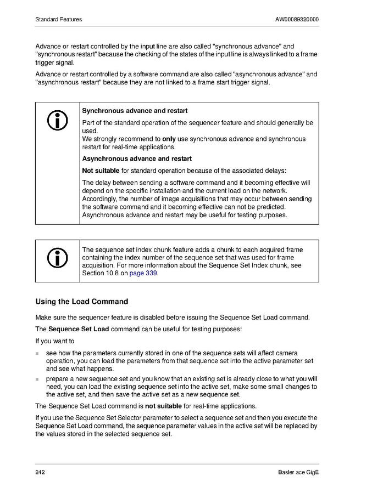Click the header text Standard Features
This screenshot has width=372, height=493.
tap(58, 19)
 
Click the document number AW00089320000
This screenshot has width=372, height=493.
tap(297, 19)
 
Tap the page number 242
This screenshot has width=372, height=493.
tap(40, 473)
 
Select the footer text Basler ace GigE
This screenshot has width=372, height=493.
tap(298, 473)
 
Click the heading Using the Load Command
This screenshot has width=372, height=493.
tap(81, 302)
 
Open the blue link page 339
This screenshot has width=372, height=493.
tap(143, 273)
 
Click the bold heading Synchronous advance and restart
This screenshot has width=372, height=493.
tap(135, 111)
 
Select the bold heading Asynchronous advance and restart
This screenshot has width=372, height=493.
tap(137, 158)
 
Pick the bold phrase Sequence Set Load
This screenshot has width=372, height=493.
tap(79, 329)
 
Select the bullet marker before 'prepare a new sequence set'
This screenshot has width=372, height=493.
tap(38, 379)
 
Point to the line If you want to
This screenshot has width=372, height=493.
tap(55, 341)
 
